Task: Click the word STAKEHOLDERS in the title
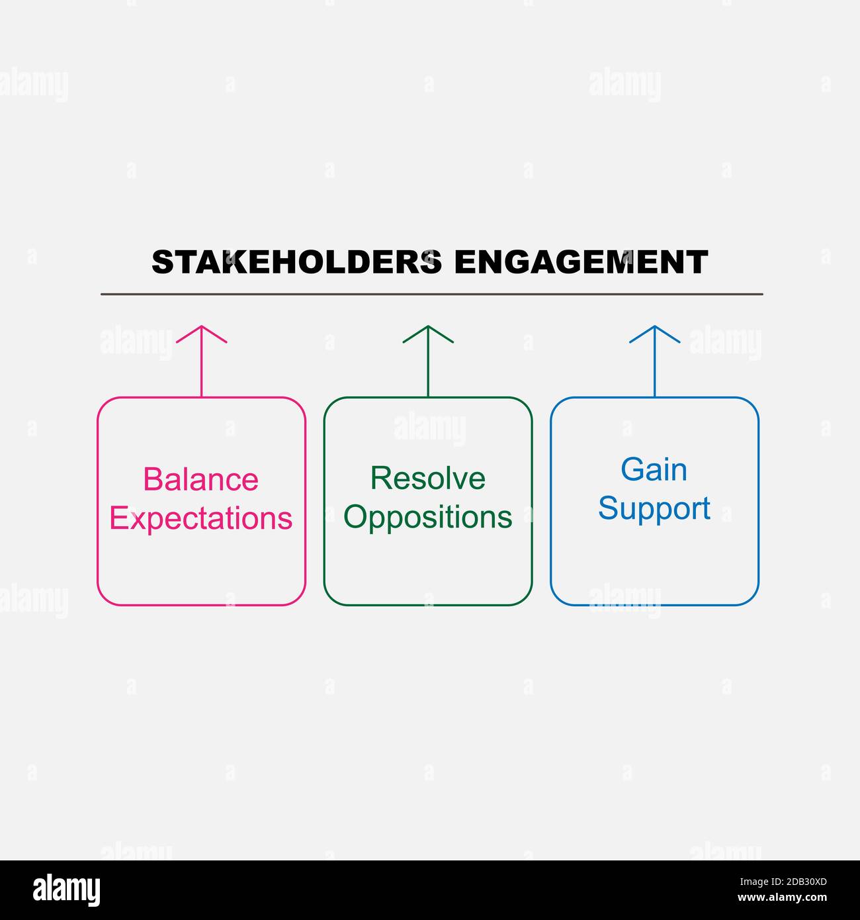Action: tap(296, 262)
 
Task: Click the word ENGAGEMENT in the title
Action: tap(581, 262)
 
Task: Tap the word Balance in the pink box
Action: tap(201, 480)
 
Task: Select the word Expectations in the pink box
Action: tap(201, 518)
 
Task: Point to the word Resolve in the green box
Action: tap(428, 479)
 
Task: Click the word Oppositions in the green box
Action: tap(428, 517)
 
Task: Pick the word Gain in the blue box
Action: tap(654, 470)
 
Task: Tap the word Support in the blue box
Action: tap(654, 508)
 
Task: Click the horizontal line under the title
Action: tap(431, 294)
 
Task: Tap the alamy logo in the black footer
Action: tap(67, 890)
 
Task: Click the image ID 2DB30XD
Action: tap(783, 882)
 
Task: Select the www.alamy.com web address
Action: tap(782, 898)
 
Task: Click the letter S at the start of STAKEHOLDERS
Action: tap(162, 262)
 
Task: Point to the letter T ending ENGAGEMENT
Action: tap(697, 262)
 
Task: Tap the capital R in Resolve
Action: tap(381, 479)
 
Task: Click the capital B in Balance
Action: tap(154, 480)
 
